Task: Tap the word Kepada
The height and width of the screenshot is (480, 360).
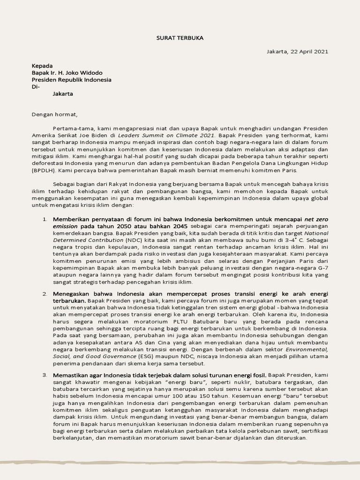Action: click(x=42, y=66)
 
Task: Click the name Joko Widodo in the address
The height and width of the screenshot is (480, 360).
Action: click(x=86, y=73)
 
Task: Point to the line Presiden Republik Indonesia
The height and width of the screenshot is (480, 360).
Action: click(x=71, y=80)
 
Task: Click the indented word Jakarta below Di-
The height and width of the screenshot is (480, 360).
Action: click(x=63, y=93)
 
